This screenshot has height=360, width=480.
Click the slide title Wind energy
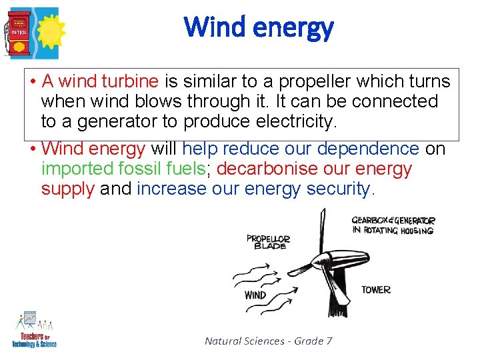[x=259, y=27]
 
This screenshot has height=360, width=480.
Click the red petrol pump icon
[x=19, y=33]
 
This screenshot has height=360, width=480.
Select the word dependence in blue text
[x=368, y=149]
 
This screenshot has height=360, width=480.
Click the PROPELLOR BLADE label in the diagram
[x=268, y=242]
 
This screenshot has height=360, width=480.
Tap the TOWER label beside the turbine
[x=376, y=290]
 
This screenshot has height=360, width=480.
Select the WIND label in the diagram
[x=255, y=295]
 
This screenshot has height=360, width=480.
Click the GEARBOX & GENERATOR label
[x=393, y=225]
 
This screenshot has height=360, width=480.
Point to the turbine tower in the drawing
[x=331, y=293]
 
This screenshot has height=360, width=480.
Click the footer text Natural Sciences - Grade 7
[x=268, y=341]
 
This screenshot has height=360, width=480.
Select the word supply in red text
[x=68, y=189]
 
